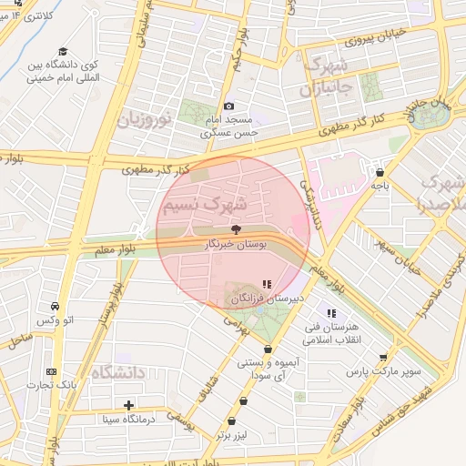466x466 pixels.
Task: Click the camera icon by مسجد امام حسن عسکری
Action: [x=228, y=106]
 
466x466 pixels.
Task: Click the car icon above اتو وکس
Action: [x=56, y=306]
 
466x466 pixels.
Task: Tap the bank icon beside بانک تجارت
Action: [x=51, y=371]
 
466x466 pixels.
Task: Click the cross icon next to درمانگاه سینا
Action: [x=128, y=405]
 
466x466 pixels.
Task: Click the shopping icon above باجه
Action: [x=380, y=171]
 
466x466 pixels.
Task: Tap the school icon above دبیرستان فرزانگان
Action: [x=266, y=284]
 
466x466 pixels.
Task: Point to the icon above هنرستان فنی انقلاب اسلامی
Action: [x=332, y=313]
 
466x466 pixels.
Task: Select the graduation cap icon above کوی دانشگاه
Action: [x=63, y=51]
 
